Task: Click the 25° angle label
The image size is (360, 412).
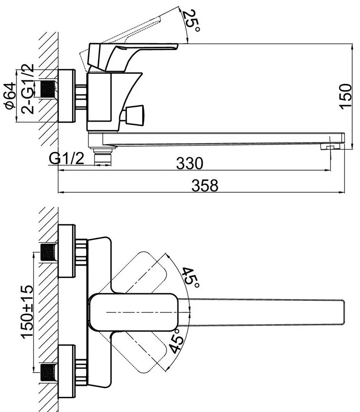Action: pyautogui.click(x=192, y=20)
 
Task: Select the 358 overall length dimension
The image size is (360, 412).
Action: pyautogui.click(x=205, y=185)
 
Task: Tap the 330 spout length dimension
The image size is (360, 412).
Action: pyautogui.click(x=189, y=163)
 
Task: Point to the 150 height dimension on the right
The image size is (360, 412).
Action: pyautogui.click(x=345, y=95)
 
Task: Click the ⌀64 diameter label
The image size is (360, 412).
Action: pyautogui.click(x=10, y=95)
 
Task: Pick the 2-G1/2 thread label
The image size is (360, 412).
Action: pyautogui.click(x=28, y=89)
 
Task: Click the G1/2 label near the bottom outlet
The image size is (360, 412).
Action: pyautogui.click(x=66, y=158)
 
